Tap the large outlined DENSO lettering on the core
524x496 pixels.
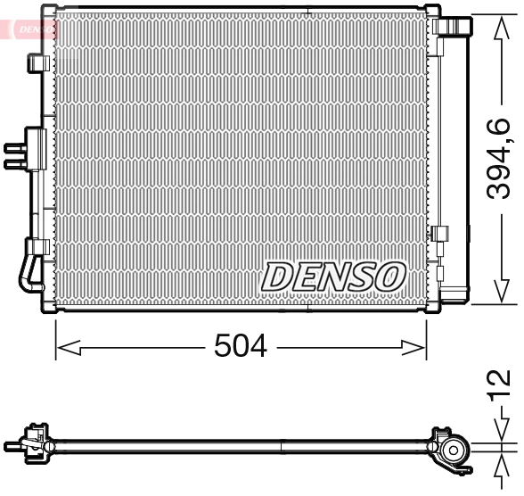coord(333,277)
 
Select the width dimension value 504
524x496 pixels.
coord(241,346)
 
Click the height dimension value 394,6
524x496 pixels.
coord(500,159)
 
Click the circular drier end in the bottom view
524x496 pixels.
coord(455,451)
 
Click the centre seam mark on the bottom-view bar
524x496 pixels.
coord(282,443)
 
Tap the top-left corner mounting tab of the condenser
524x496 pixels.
coord(50,11)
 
